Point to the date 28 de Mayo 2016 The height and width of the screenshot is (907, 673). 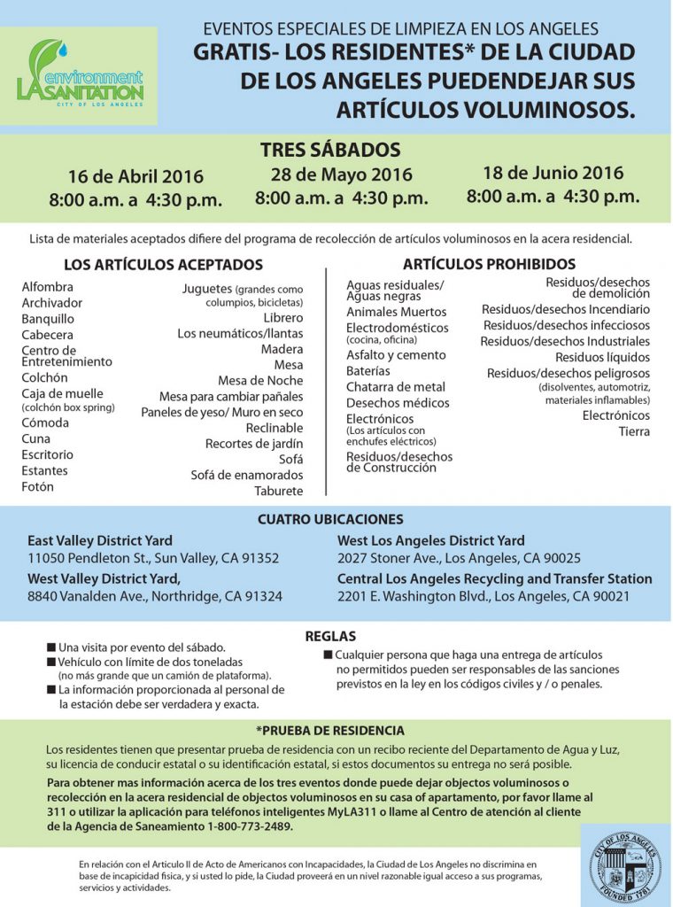pos(341,174)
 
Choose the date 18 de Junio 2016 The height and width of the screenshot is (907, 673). pos(553,173)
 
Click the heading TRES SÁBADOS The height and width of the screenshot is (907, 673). pos(330,150)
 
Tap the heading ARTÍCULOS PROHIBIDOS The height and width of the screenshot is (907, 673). pos(489,264)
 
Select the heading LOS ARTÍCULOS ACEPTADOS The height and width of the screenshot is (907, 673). pos(164,265)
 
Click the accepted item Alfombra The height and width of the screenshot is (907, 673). pos(48,287)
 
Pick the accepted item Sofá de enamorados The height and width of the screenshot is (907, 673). pos(246,475)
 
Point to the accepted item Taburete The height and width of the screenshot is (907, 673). pos(278,491)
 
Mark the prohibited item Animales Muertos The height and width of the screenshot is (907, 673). pos(396,312)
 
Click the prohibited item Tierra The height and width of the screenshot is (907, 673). pos(634,431)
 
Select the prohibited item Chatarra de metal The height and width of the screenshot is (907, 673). pos(395,386)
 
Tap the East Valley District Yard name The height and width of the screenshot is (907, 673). pos(100,540)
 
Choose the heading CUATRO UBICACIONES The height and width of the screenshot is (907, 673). pos(330,519)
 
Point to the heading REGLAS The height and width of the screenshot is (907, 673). pos(330,636)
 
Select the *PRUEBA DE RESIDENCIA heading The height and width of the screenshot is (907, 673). pos(329,731)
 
